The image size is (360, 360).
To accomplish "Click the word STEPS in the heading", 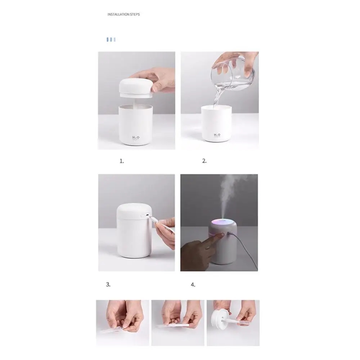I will click(135, 14).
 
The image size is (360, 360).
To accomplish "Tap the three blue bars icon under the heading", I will click(111, 39).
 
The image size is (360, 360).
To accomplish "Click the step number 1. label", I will click(122, 161).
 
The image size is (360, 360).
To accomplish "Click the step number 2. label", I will click(204, 161).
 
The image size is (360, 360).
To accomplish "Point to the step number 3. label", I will click(108, 284).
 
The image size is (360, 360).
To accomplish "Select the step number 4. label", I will click(193, 285).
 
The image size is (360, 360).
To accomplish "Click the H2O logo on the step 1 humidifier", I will click(136, 138).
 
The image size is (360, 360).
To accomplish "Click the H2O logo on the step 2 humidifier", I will click(217, 135).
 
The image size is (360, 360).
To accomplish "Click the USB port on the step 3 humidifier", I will click(146, 215).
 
